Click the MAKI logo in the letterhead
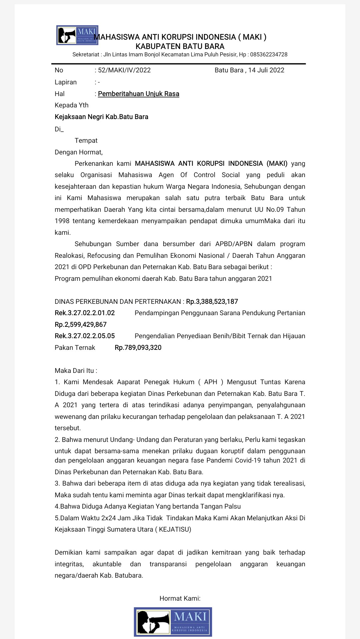[77, 35]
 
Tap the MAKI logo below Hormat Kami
[173, 621]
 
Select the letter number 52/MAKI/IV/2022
[124, 70]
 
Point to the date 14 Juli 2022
[266, 70]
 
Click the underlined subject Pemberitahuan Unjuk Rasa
[138, 94]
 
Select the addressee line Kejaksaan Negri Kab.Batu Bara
[101, 117]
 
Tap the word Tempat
[86, 140]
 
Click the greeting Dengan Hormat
[78, 152]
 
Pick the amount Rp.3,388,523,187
[212, 301]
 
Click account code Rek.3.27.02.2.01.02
[85, 313]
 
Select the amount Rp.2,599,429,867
[81, 325]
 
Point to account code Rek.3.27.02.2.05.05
[85, 336]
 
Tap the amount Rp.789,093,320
[138, 348]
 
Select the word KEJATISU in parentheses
[175, 529]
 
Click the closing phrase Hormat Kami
[180, 598]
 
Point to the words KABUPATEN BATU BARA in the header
[180, 46]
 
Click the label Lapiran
[66, 82]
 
